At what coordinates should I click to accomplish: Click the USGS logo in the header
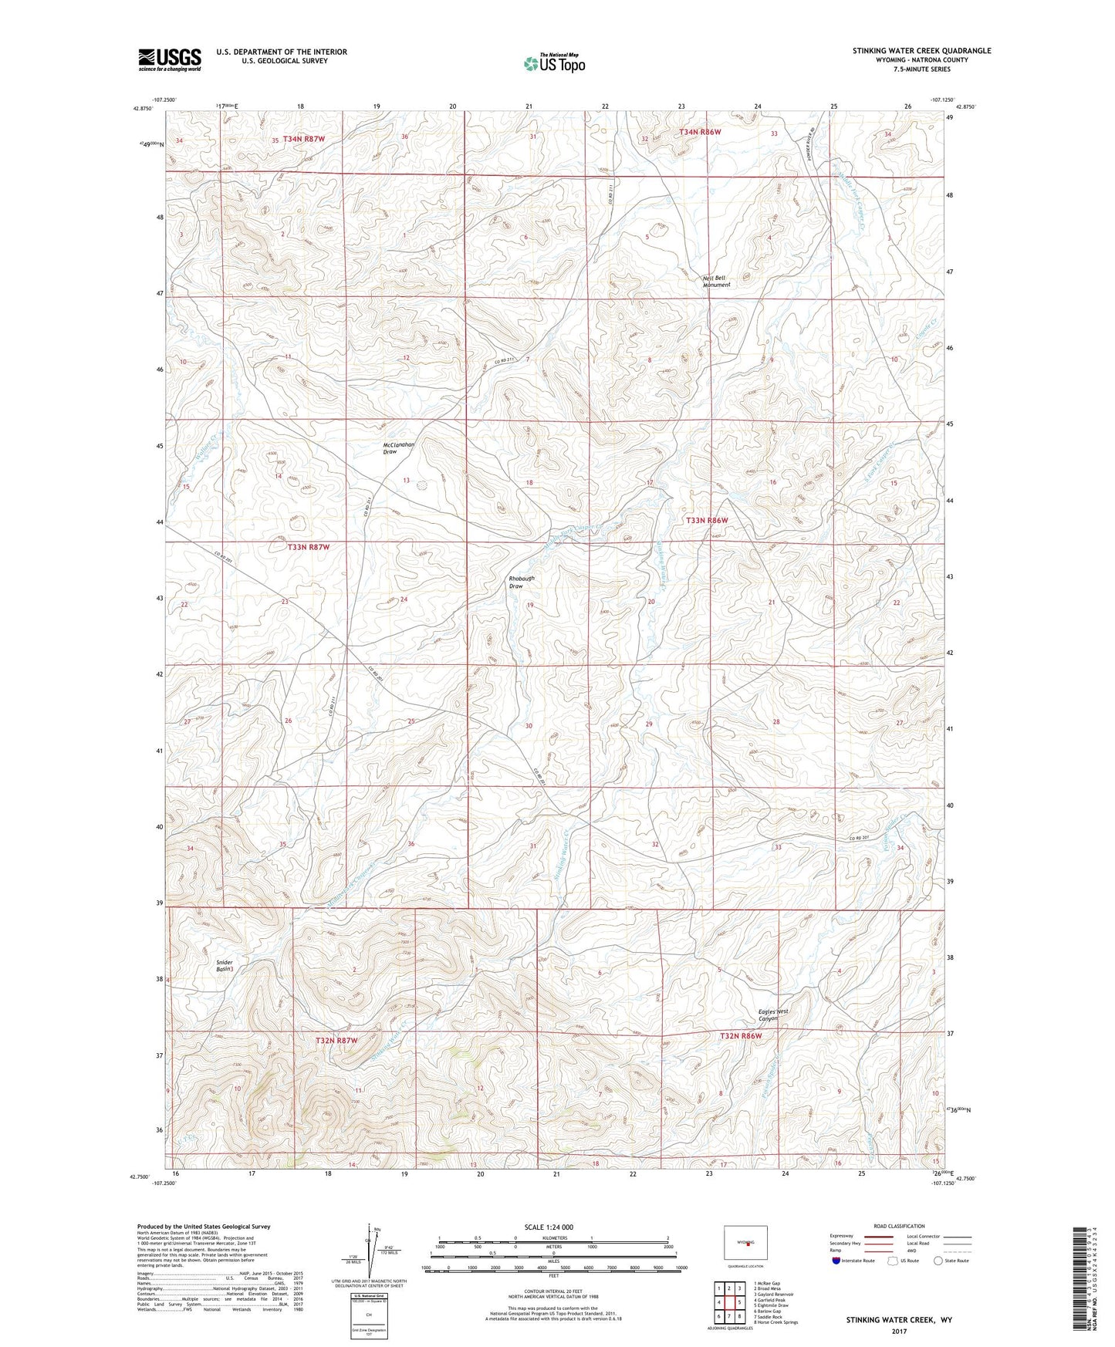(x=169, y=59)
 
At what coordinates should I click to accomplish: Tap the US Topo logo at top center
(x=553, y=63)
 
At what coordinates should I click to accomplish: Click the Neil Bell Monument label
(x=716, y=281)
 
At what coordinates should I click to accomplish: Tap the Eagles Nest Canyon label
(x=773, y=1014)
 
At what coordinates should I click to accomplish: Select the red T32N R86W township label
(x=746, y=1036)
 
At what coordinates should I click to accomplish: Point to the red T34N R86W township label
(x=700, y=132)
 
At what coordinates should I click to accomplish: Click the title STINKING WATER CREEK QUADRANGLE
(x=921, y=51)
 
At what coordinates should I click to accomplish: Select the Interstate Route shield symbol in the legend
(x=836, y=1261)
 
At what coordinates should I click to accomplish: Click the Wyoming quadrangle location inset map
(x=745, y=1243)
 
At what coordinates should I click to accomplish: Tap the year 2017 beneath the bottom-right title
(x=899, y=1332)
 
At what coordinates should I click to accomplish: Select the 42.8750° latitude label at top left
(x=143, y=109)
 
